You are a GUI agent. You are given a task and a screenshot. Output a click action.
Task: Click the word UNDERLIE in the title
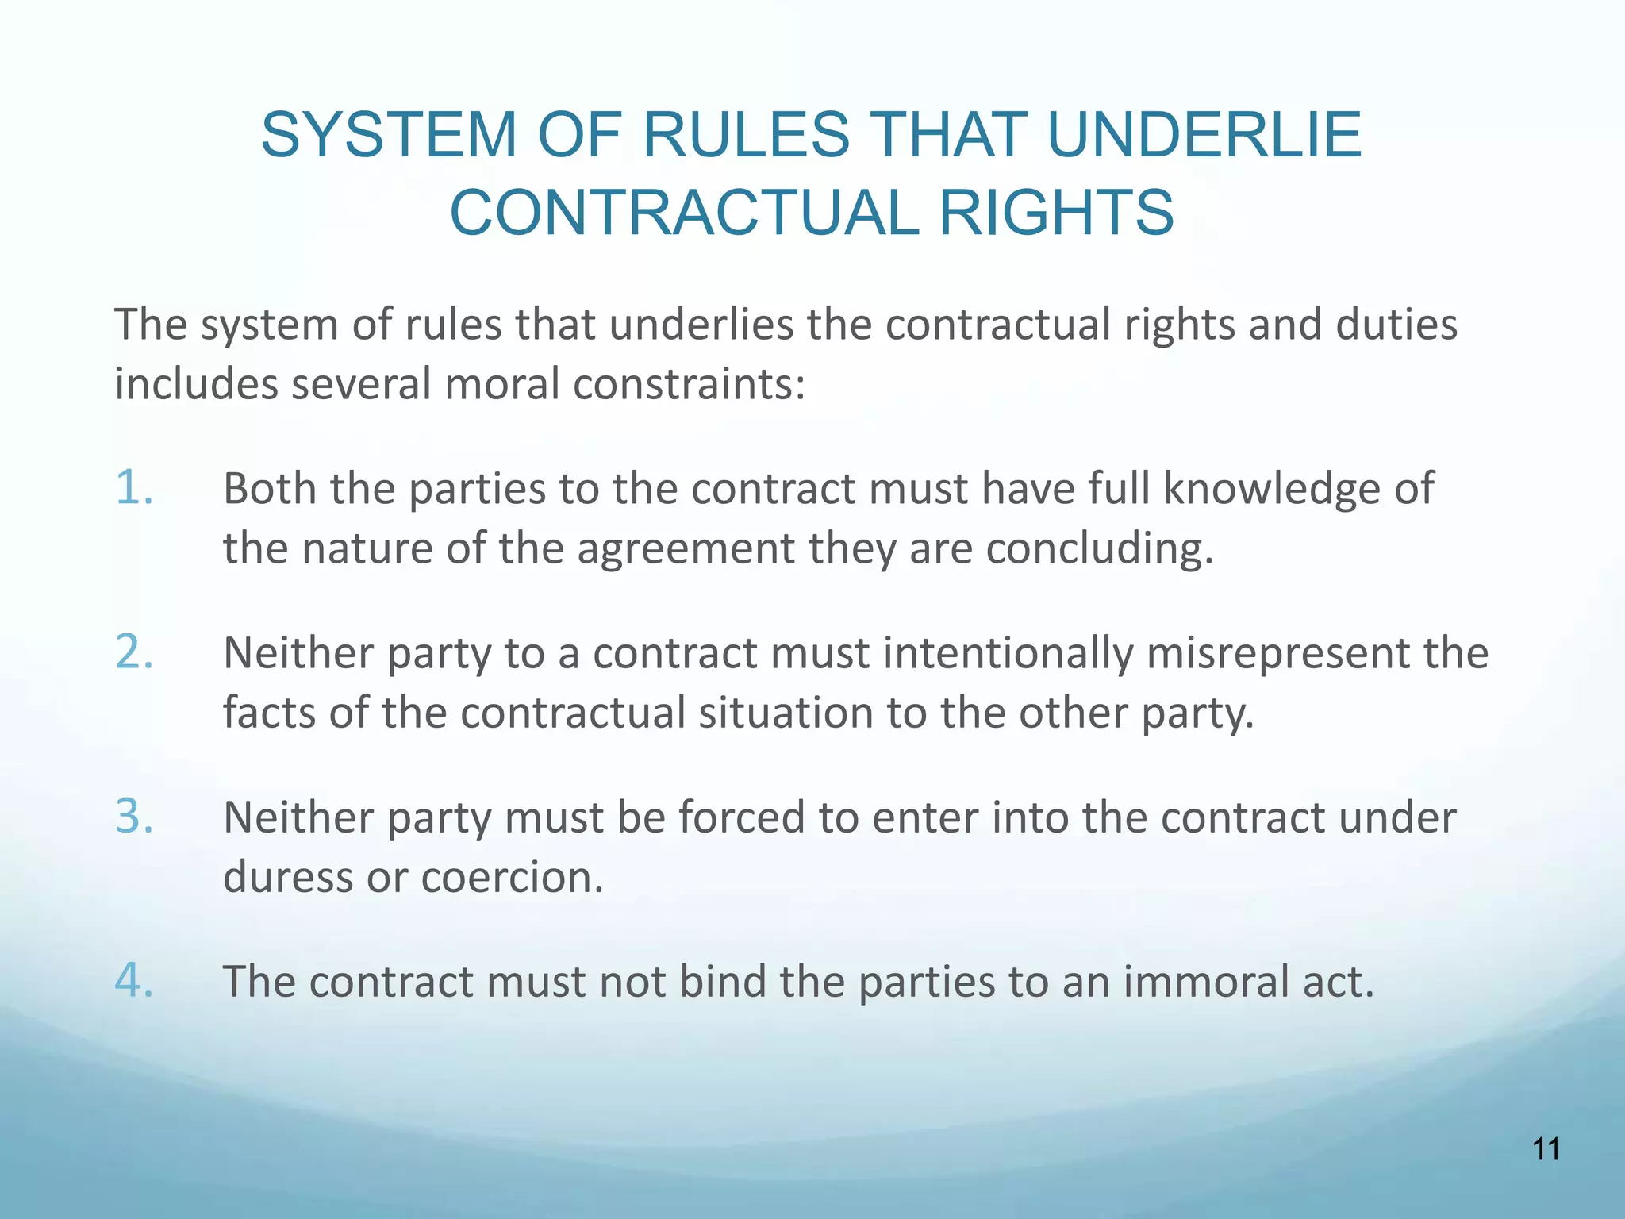click(1204, 135)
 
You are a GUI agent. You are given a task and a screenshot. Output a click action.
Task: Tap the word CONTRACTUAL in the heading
click(684, 213)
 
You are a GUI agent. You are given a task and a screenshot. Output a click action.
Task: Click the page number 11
click(1546, 1149)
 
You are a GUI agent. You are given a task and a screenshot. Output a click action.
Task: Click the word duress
click(287, 877)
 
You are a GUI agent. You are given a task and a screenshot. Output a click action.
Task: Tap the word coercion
click(512, 877)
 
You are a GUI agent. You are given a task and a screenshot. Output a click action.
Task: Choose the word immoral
click(1206, 982)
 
